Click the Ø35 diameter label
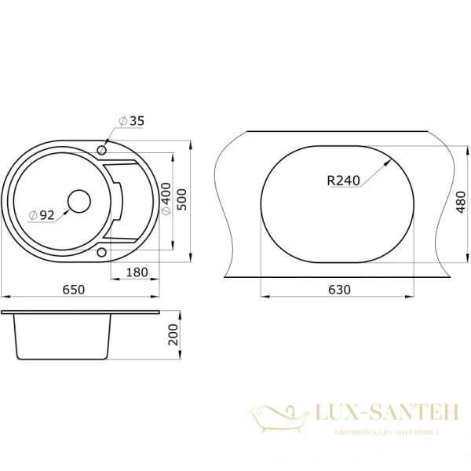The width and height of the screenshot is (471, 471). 132,121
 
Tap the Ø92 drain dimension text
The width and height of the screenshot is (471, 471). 41,214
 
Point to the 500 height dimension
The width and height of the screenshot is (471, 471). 182,201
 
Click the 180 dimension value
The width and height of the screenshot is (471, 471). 136,272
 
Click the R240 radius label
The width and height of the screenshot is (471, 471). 343,181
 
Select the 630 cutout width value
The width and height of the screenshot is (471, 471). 338,289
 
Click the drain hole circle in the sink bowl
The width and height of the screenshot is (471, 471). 79,202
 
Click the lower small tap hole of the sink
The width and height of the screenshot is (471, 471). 102,252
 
